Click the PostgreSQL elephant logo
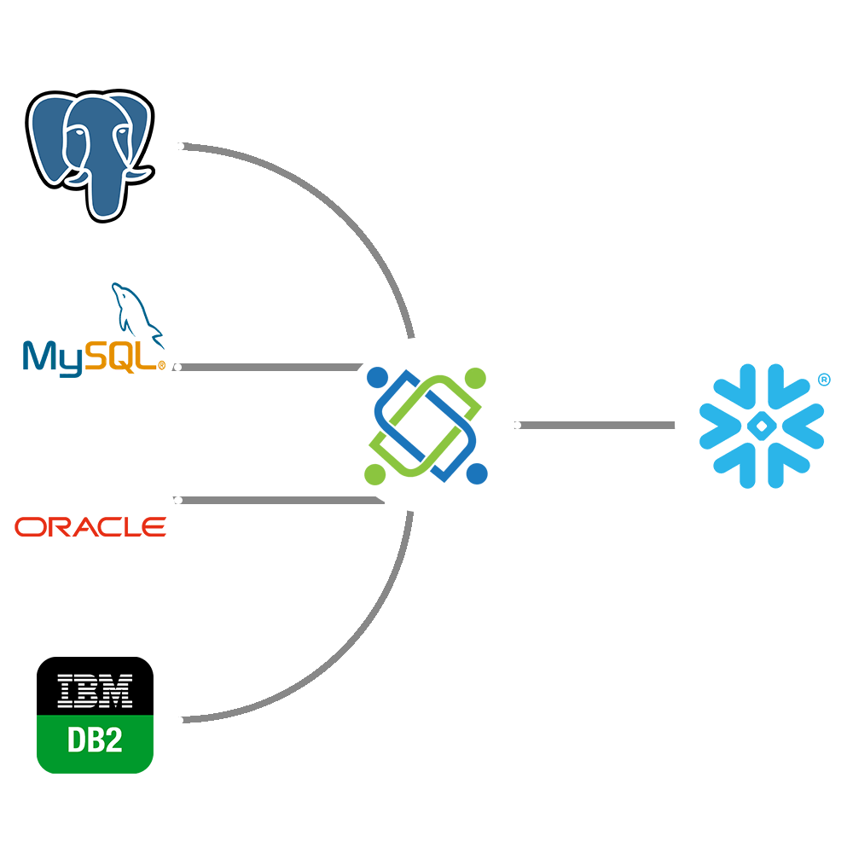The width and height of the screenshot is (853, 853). pos(90,150)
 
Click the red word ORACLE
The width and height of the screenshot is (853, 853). pos(90,526)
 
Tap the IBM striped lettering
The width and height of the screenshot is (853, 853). pos(94,690)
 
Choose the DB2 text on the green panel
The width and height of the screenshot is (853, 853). pos(94,740)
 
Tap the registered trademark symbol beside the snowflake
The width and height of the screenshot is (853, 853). pos(823,380)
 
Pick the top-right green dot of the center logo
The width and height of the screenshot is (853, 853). pos(476,377)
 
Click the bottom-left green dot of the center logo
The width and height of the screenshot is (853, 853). pos(374,473)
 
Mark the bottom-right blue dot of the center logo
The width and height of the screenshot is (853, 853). pos(477,473)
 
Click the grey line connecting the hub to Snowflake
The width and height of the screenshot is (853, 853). pos(597,425)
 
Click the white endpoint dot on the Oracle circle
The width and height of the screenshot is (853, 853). pos(178,500)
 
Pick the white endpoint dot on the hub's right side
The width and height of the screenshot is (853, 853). pos(517,425)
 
